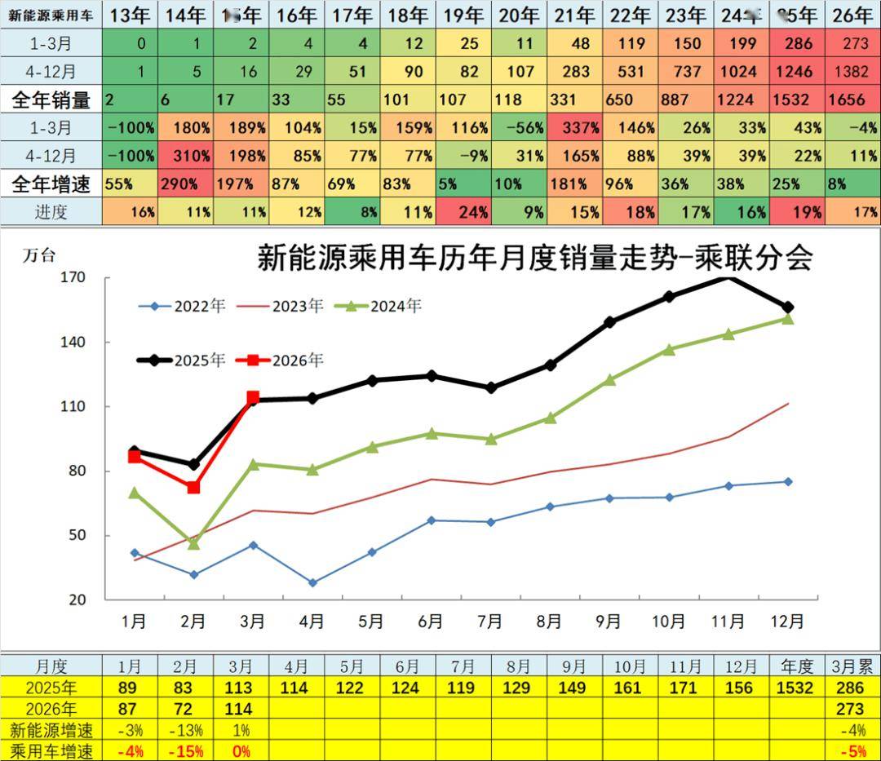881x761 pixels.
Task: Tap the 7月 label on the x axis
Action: [489, 621]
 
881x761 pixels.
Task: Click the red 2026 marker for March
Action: [253, 397]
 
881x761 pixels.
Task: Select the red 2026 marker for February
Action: [193, 487]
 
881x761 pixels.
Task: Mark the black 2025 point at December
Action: [788, 307]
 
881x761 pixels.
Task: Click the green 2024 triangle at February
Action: [193, 543]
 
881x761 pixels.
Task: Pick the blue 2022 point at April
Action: [312, 582]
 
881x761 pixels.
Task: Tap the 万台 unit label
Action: [39, 255]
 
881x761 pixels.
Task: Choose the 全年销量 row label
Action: [51, 100]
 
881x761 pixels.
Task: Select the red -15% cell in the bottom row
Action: [187, 750]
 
